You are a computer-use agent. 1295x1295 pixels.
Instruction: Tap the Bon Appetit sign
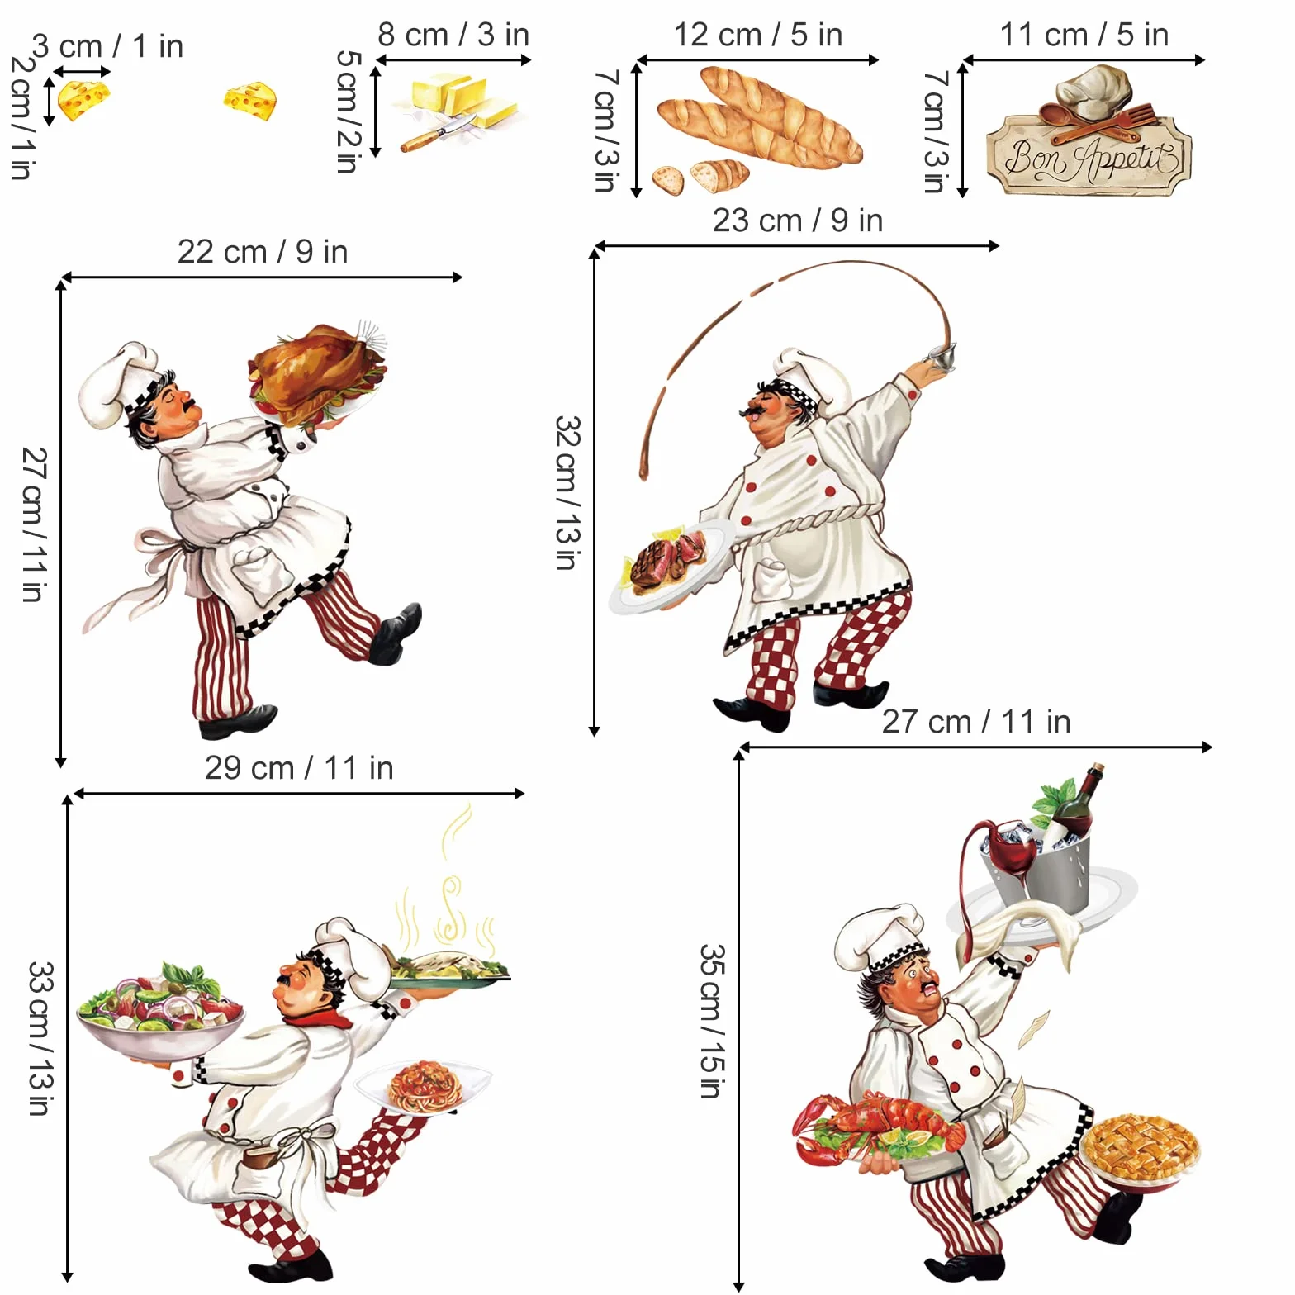click(x=1089, y=156)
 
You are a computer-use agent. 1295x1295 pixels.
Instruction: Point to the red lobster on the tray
click(x=878, y=1127)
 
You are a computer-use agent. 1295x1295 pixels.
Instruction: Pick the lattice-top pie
click(x=1140, y=1147)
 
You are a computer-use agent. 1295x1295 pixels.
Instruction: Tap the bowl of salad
click(x=160, y=1012)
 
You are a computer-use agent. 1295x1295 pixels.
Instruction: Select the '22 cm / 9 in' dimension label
click(x=263, y=252)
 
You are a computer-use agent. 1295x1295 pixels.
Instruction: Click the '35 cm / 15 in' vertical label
click(x=712, y=1021)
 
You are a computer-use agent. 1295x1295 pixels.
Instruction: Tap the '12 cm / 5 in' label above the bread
click(x=758, y=36)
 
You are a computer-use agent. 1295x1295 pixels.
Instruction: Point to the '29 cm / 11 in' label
click(x=299, y=768)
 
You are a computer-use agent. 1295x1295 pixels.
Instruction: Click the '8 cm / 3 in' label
click(x=453, y=36)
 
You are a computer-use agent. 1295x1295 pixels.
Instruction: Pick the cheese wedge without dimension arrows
click(x=249, y=101)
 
